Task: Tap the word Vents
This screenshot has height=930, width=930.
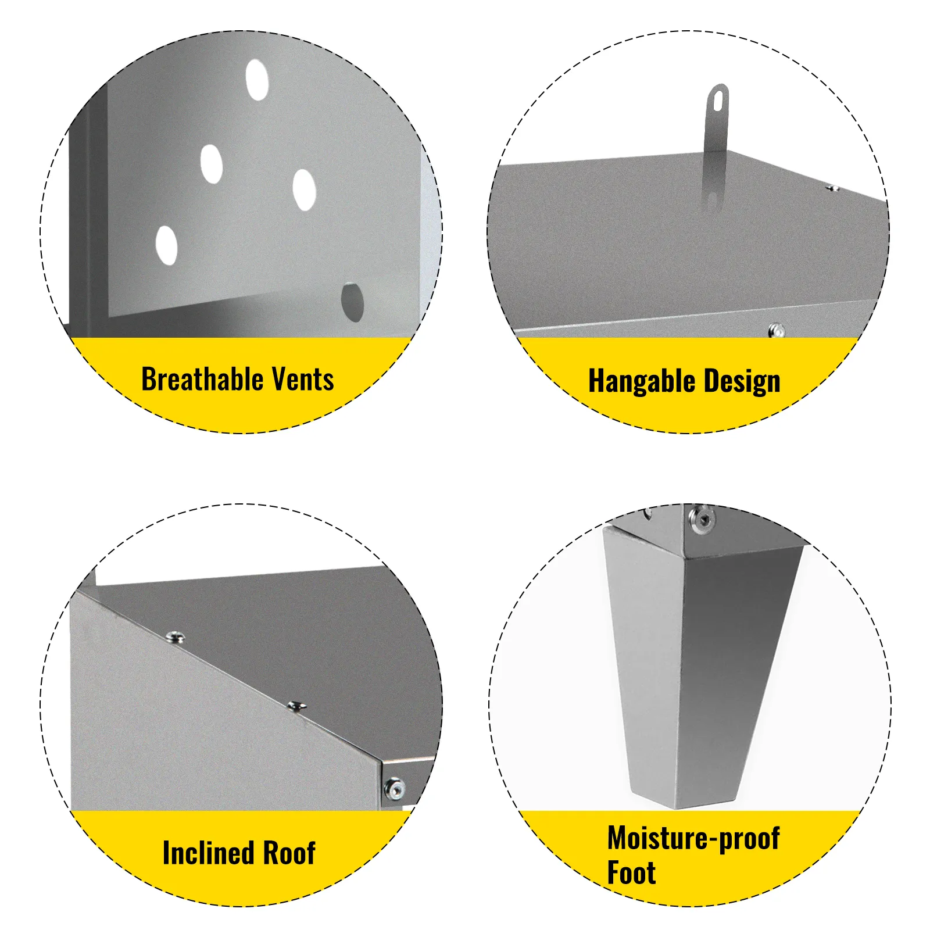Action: click(303, 379)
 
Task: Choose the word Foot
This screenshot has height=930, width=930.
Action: click(631, 872)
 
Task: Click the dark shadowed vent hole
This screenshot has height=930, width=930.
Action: click(352, 302)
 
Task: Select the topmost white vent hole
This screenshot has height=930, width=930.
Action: click(257, 80)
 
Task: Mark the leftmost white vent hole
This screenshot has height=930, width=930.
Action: click(166, 246)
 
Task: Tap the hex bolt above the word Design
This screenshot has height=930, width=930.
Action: click(776, 331)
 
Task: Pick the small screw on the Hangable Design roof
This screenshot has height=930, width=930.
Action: click(833, 188)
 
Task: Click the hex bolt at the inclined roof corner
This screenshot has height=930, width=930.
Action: click(395, 788)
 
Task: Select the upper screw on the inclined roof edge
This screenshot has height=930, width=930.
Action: click(175, 638)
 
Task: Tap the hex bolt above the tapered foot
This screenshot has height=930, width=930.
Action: click(702, 518)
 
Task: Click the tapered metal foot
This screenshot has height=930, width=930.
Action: click(697, 668)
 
